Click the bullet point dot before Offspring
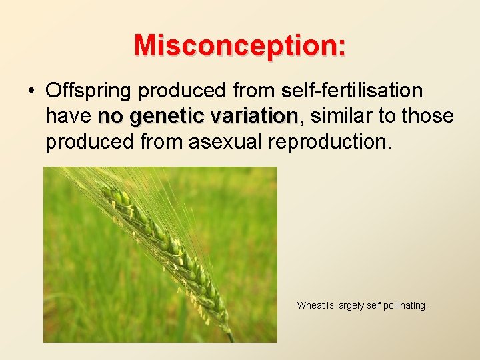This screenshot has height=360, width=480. point(31,91)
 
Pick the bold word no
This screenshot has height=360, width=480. point(111,117)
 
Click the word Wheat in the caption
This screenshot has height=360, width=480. point(310,306)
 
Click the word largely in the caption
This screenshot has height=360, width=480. point(349,306)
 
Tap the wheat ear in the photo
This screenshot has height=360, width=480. point(167,247)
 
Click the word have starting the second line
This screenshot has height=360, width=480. point(68,117)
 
